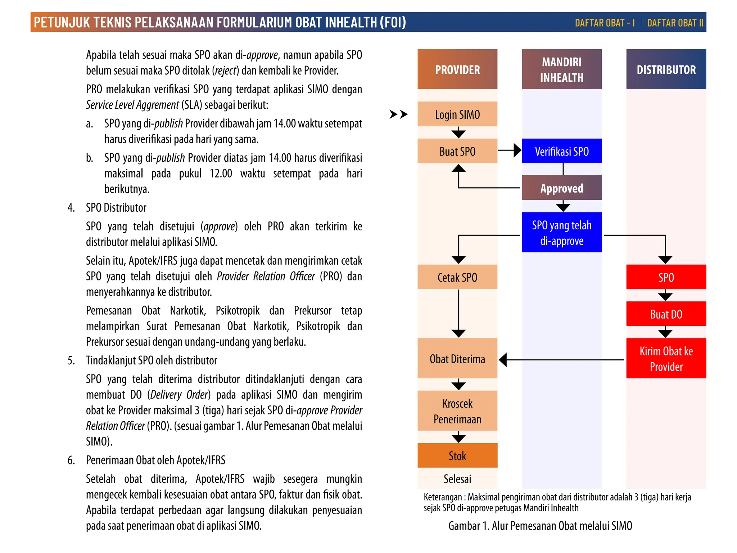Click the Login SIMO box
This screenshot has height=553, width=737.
coord(457,114)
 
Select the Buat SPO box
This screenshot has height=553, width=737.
coord(457,151)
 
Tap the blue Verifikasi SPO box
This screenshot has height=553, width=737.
coord(561,151)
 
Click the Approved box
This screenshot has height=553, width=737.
coord(561,188)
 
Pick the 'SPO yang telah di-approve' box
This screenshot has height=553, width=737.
coord(561,233)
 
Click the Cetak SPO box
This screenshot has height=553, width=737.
coord(457,277)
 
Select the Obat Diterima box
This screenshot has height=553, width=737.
coord(457,359)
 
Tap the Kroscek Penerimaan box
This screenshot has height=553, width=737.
coord(457,411)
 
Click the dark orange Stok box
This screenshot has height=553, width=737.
coord(457,455)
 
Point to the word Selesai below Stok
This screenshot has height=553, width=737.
coord(457,479)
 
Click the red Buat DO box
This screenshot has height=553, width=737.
coord(666,314)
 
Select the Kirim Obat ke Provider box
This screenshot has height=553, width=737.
coord(666,359)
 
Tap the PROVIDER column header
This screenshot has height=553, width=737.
coord(457,69)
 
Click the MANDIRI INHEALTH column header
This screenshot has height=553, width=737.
coord(561,69)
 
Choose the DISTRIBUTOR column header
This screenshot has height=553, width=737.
coord(666,69)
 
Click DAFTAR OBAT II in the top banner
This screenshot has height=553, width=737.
coord(675,23)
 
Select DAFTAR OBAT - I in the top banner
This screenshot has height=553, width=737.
coord(605,23)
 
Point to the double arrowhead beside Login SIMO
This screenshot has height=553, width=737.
coord(398,114)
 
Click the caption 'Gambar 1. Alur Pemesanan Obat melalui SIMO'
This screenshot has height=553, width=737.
coord(540,526)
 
